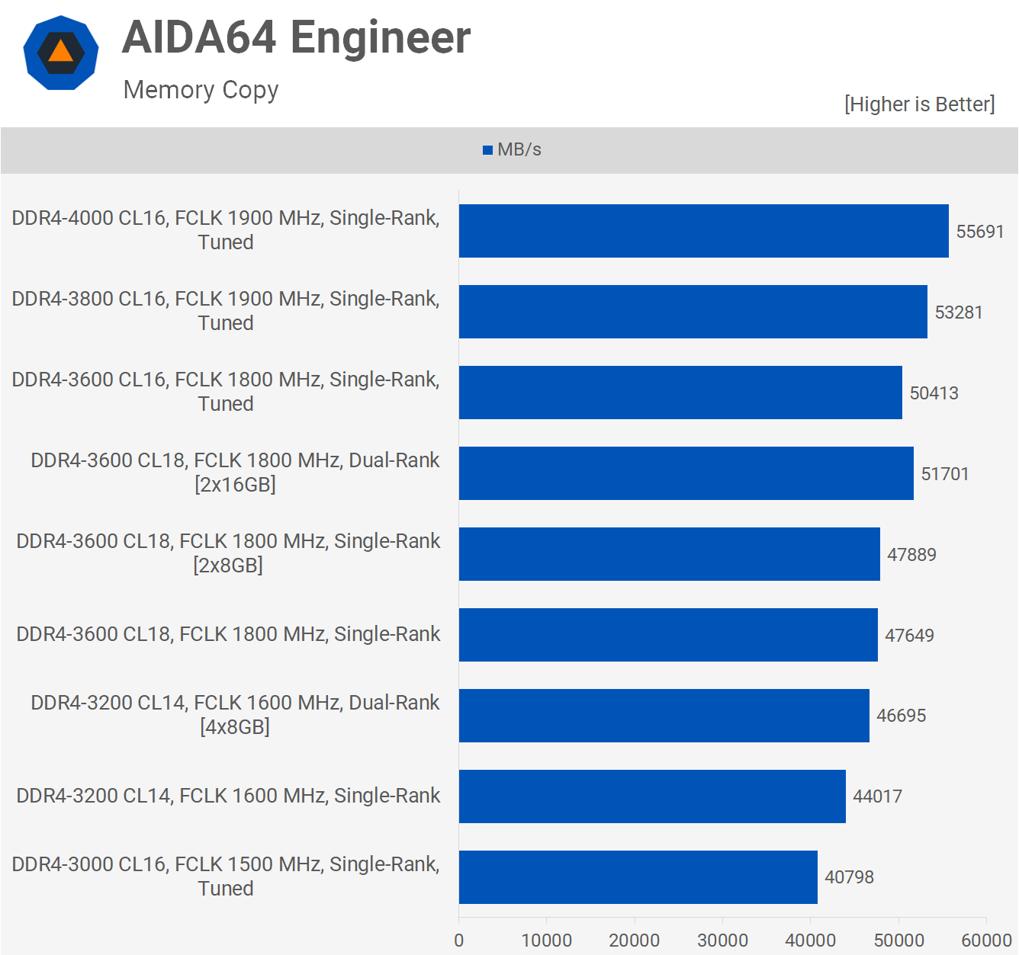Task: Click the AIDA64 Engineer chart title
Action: [x=296, y=37]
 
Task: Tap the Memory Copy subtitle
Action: [x=201, y=90]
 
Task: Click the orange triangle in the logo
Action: [x=61, y=52]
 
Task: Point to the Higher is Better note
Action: [x=919, y=104]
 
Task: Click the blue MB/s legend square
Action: [x=487, y=150]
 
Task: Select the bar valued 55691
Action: [x=703, y=231]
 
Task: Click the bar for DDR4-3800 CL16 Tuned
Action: [x=693, y=312]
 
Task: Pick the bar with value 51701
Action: [x=686, y=473]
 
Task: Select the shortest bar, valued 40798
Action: [x=638, y=877]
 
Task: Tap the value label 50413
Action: [x=934, y=393]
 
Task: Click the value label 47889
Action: [x=911, y=555]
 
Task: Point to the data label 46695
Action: [x=901, y=716]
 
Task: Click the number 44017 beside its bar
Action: [x=877, y=796]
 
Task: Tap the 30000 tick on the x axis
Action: [x=722, y=940]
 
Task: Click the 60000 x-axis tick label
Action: [x=986, y=940]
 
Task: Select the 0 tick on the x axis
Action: [x=459, y=940]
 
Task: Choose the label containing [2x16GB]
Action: [x=235, y=473]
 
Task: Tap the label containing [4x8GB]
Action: [x=235, y=715]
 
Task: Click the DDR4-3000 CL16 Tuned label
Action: [x=226, y=876]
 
